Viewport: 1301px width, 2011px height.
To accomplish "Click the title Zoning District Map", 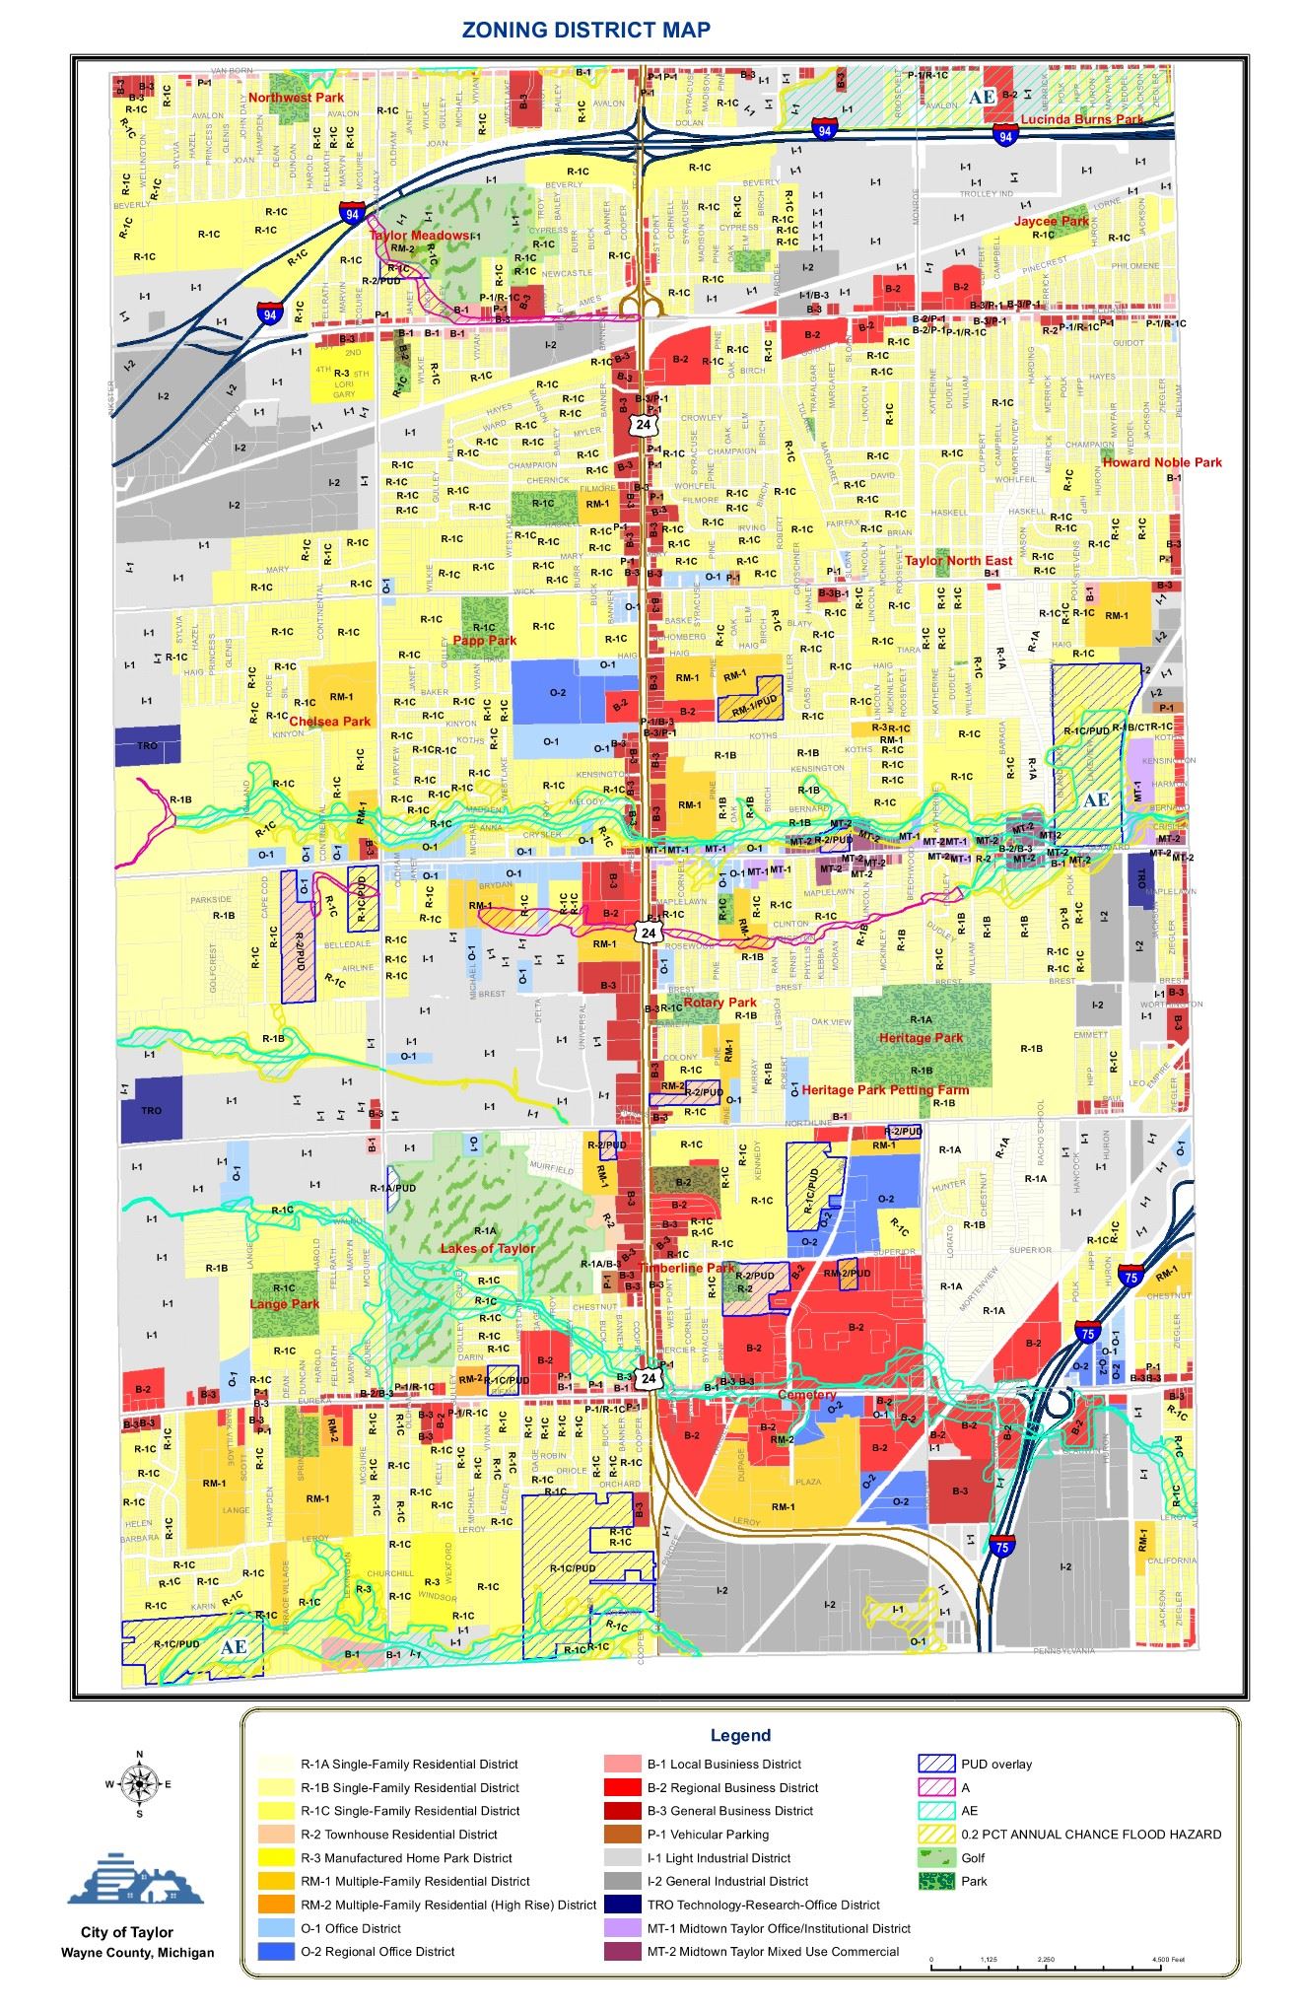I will pos(585,31).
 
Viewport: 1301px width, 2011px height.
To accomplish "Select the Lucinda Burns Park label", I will pos(1081,119).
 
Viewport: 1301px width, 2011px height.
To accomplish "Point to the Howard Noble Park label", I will pos(1161,462).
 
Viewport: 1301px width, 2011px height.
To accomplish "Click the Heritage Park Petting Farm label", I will pos(884,1090).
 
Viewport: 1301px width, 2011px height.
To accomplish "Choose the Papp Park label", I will pos(484,641).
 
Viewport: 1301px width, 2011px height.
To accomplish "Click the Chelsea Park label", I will pos(329,722).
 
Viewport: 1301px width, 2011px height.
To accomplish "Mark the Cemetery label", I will pos(806,1395).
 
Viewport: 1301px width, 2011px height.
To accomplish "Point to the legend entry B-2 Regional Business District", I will pos(732,1787).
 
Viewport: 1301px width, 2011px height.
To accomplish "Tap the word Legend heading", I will pos(740,1735).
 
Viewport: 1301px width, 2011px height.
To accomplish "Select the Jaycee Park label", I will pos(1052,222).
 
